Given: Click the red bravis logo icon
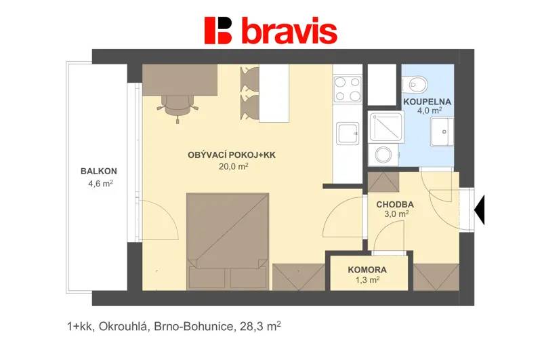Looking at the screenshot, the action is [218, 31].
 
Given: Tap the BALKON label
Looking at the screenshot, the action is [99, 171].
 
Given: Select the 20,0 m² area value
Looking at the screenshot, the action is [234, 166].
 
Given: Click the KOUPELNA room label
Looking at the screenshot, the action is [428, 102].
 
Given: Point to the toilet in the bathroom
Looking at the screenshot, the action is [415, 84].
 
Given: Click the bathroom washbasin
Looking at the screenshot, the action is [442, 132].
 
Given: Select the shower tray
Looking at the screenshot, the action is [385, 127].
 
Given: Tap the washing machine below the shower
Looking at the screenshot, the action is [383, 155].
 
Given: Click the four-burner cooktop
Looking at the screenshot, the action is [348, 89].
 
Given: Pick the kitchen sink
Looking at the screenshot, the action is [348, 134].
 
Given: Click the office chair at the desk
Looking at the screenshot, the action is [178, 107].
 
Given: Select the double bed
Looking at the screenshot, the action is [228, 241].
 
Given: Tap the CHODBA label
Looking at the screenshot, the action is [395, 205].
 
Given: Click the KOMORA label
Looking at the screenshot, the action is [367, 270].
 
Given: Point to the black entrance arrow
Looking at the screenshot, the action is [480, 209].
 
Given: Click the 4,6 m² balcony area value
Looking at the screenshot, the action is [100, 184].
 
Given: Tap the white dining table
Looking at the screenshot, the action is [274, 94].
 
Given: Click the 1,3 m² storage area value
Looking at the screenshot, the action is [367, 280].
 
